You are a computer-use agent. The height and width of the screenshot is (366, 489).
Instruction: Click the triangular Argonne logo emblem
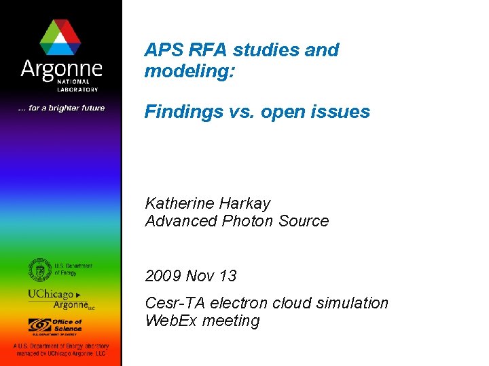tap(61, 37)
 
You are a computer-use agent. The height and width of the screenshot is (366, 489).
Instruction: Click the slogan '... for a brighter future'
tap(61, 108)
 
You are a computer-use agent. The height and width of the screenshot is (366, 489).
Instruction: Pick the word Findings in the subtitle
tap(178, 112)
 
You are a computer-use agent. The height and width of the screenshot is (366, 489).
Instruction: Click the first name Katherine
tap(179, 203)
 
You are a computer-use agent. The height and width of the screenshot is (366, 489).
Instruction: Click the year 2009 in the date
tap(163, 276)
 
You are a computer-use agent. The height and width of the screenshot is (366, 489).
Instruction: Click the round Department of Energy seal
tap(40, 269)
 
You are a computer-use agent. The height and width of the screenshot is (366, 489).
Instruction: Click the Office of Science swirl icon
tap(40, 325)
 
